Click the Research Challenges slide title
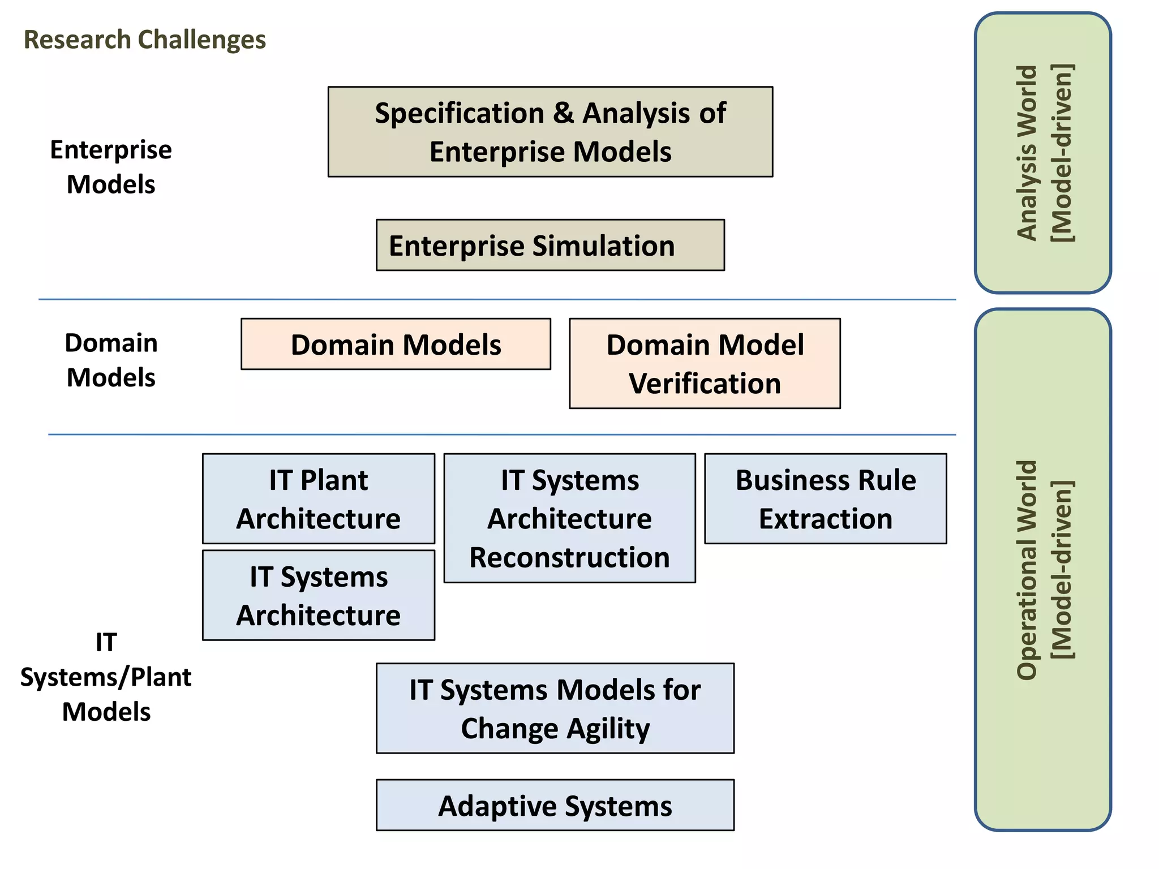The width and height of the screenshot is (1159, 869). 145,40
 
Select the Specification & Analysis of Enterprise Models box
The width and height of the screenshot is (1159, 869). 550,132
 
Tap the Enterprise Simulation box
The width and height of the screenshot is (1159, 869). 550,245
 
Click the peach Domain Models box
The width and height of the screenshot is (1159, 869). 396,344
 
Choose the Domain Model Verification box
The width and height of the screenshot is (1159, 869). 705,363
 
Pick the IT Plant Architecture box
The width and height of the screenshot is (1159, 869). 319,498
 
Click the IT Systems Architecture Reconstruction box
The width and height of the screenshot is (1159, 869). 569,518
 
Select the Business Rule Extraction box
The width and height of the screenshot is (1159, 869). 825,498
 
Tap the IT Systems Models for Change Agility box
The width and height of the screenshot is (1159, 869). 555,708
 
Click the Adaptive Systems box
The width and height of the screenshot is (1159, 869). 555,805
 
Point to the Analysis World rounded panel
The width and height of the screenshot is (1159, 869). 1042,153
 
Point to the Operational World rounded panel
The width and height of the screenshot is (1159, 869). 1042,570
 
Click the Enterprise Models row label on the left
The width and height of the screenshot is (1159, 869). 111,167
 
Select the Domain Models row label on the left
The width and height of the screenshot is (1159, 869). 111,360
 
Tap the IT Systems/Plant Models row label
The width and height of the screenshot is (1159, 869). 106,677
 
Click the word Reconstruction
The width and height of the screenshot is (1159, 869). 569,557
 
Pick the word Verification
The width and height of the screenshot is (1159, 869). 705,384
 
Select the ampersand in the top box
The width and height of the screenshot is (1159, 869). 563,113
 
